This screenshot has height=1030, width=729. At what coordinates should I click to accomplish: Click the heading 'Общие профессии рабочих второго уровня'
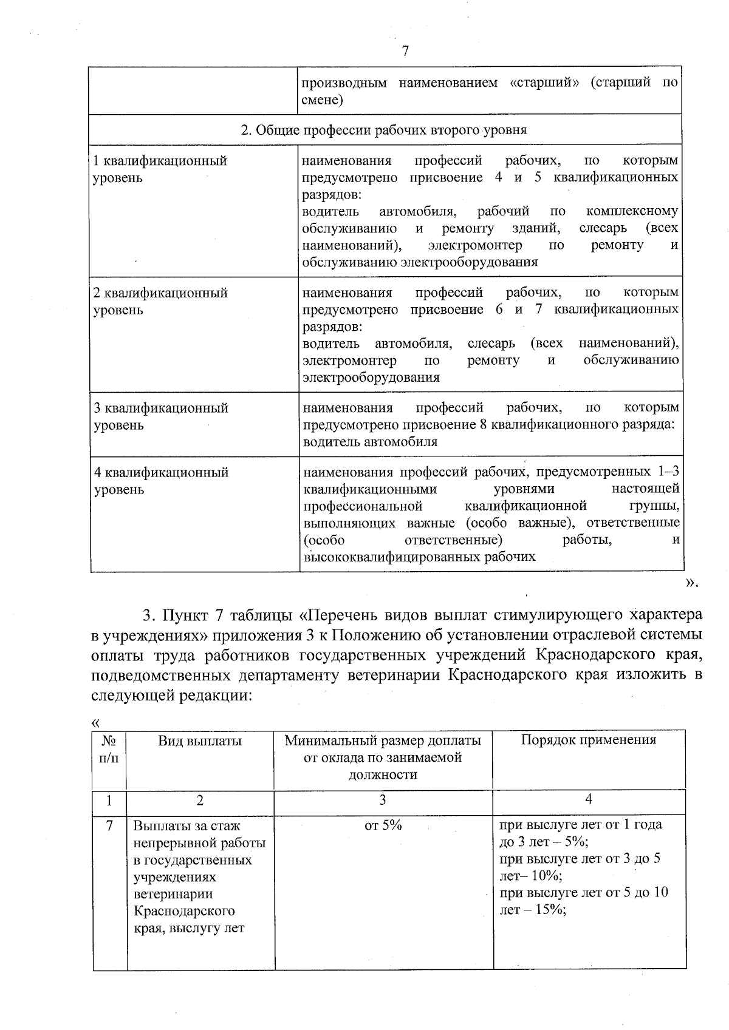384,130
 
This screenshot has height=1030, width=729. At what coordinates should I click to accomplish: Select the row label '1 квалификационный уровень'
160,169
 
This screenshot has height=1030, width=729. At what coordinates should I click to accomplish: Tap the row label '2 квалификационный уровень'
160,301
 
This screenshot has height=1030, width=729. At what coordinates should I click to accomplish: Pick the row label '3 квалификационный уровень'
160,416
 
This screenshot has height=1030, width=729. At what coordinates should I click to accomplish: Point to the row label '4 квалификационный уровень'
161,481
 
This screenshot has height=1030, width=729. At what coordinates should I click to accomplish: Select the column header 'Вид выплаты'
200,740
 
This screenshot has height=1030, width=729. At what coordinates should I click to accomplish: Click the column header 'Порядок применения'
589,740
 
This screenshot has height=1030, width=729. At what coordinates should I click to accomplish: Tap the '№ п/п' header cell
109,750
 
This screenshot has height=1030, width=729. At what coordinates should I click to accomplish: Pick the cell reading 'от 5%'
383,825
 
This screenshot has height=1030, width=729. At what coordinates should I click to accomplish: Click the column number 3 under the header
382,800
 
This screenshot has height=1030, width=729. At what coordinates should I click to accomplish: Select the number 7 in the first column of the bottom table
109,825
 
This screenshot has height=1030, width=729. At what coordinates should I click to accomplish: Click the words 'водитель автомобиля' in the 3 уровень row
370,441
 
